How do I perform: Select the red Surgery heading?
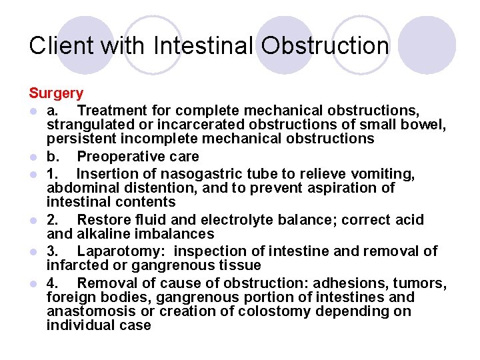tap(56, 93)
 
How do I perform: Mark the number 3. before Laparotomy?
tap(52, 251)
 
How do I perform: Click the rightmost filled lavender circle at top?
tap(431, 45)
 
